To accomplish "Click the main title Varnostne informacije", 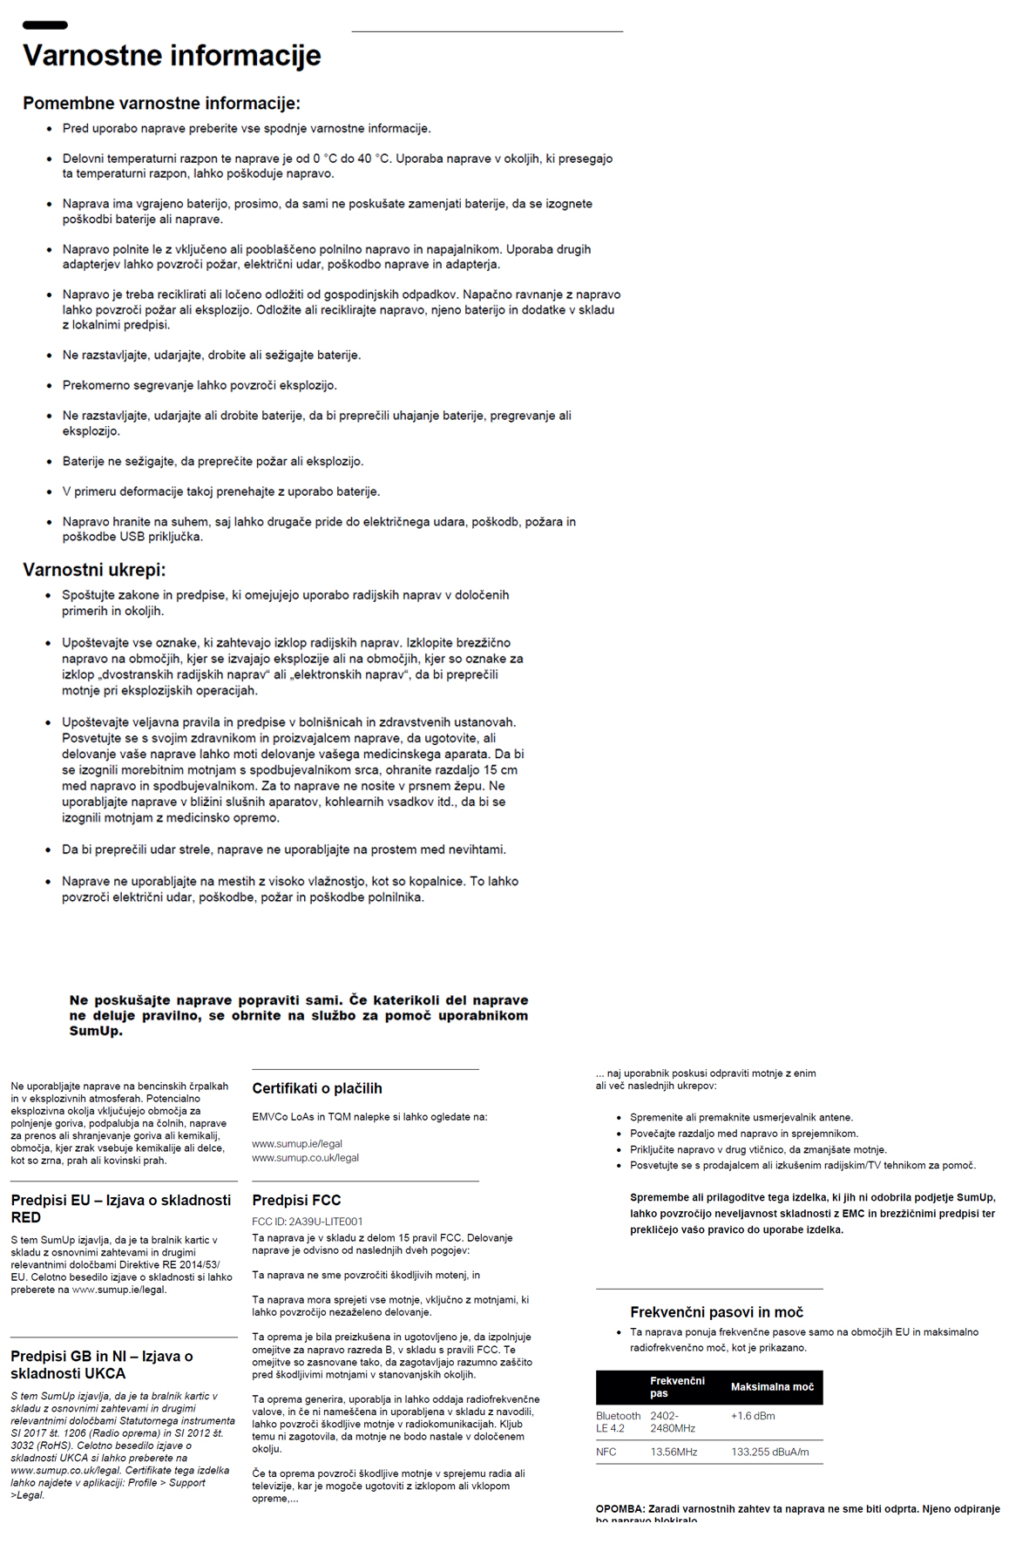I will click(x=172, y=56).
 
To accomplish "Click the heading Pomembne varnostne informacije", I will click(x=161, y=104).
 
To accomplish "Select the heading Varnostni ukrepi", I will click(x=94, y=570).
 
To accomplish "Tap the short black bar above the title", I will click(x=44, y=25).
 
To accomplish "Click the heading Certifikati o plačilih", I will click(x=317, y=1088).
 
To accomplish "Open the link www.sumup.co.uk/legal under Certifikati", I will click(x=305, y=1158).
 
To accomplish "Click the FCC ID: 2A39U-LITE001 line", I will click(x=308, y=1222).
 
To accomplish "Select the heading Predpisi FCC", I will click(x=296, y=1201).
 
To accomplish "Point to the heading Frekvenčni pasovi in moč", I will click(x=716, y=1312).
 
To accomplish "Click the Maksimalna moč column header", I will click(x=772, y=1387).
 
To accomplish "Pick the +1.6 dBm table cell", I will click(x=753, y=1416).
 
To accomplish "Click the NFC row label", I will click(x=606, y=1453).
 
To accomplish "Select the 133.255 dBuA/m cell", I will click(x=769, y=1453).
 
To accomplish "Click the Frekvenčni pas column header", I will click(x=677, y=1387).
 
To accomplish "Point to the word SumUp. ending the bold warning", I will click(x=96, y=1032).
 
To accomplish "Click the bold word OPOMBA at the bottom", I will click(x=619, y=1509).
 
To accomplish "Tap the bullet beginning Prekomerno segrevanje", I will click(x=200, y=385).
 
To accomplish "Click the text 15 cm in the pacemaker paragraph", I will click(x=500, y=770).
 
